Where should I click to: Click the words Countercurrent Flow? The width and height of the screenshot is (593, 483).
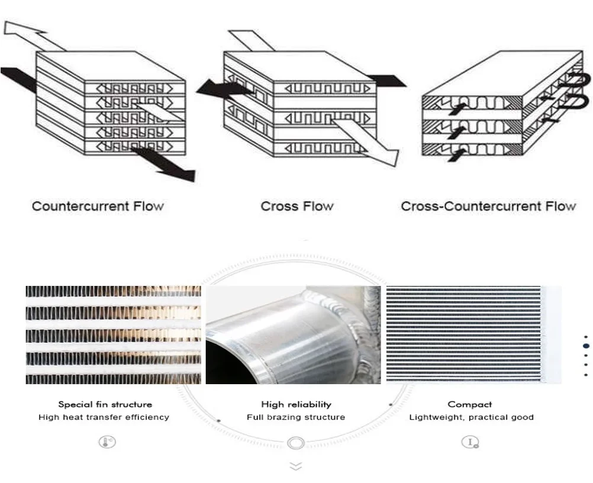click(x=98, y=207)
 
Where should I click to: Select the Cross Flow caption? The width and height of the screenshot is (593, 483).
click(x=297, y=207)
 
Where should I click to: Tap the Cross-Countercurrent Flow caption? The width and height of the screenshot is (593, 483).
click(x=488, y=207)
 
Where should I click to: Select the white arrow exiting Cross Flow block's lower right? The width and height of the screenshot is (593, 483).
click(x=367, y=141)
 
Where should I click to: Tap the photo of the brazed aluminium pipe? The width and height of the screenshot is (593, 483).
click(x=293, y=335)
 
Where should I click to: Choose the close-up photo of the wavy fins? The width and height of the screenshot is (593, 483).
click(x=113, y=335)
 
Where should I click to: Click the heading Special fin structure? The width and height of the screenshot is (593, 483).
click(x=105, y=405)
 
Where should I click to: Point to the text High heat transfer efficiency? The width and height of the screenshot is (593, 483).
click(x=104, y=417)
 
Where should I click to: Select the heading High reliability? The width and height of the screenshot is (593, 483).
click(x=296, y=405)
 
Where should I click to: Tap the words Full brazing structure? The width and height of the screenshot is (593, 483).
click(x=296, y=417)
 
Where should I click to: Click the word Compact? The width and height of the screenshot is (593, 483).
click(x=470, y=405)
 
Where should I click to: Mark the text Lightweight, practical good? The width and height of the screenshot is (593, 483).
click(x=471, y=417)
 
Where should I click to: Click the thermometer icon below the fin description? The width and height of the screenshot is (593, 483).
click(x=107, y=442)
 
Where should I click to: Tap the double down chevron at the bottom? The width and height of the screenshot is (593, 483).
click(x=296, y=466)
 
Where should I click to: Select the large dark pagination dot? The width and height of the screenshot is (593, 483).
click(x=586, y=346)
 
